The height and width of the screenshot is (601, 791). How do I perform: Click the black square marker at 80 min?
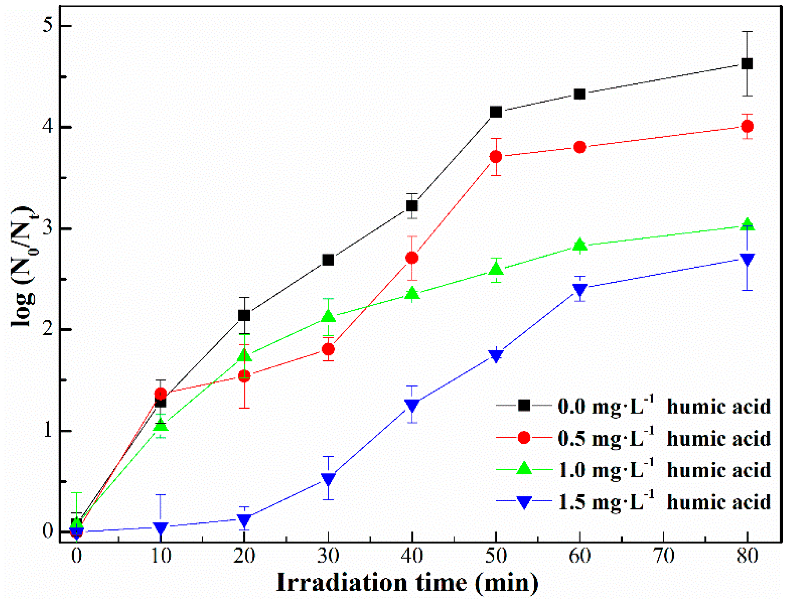tap(747, 64)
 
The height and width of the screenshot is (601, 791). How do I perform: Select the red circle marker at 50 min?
tap(496, 157)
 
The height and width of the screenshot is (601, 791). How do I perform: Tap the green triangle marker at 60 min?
tap(580, 244)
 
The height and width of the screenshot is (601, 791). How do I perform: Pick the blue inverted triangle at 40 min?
tap(412, 405)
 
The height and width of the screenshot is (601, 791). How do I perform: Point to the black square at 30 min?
tap(328, 260)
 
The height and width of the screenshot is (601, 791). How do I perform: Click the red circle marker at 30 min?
tap(328, 349)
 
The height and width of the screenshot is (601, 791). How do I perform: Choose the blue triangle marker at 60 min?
tap(580, 290)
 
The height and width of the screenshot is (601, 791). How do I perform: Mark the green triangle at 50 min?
tap(496, 269)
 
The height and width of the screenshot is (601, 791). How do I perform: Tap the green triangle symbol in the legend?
tap(523, 469)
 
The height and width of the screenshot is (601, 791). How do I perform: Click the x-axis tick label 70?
tap(663, 556)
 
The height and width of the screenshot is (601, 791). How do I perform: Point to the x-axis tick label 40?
tap(412, 556)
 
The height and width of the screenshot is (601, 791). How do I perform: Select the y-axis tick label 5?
tap(47, 26)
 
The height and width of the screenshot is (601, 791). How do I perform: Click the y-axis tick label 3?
tap(47, 229)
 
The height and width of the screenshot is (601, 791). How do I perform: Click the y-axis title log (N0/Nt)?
tap(23, 267)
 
